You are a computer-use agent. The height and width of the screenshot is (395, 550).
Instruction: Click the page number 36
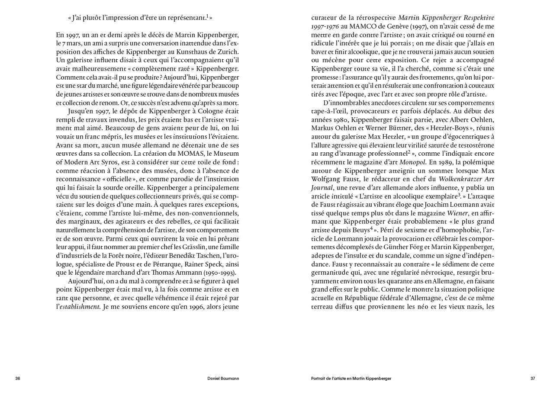(18, 379)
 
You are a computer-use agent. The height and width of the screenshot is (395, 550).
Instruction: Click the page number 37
(533, 379)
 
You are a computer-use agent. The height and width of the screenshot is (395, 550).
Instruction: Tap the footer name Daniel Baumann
(223, 379)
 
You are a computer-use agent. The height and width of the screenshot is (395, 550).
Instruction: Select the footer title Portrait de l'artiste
(351, 379)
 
